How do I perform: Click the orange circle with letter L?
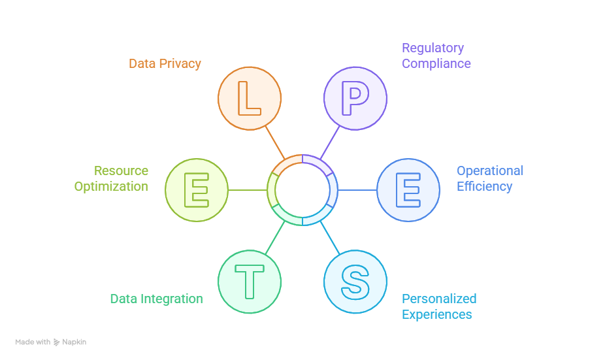[249, 98]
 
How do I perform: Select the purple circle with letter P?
[355, 98]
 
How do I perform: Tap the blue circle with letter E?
[408, 190]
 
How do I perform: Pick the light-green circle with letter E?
[197, 190]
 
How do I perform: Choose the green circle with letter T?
[249, 282]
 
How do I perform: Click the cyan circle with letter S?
[355, 282]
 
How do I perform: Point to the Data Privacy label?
[165, 63]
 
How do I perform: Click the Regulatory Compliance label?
[436, 56]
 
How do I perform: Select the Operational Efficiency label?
[489, 178]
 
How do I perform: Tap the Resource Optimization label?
[112, 178]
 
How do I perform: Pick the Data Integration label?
[156, 299]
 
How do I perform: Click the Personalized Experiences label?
[438, 306]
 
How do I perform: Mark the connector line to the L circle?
[274, 142]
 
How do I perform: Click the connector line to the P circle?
[330, 142]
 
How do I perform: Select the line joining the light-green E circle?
[248, 190]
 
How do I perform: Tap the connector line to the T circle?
[275, 238]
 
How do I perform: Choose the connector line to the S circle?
[330, 238]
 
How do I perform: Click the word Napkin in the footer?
[74, 342]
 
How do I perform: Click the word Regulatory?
[433, 48]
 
